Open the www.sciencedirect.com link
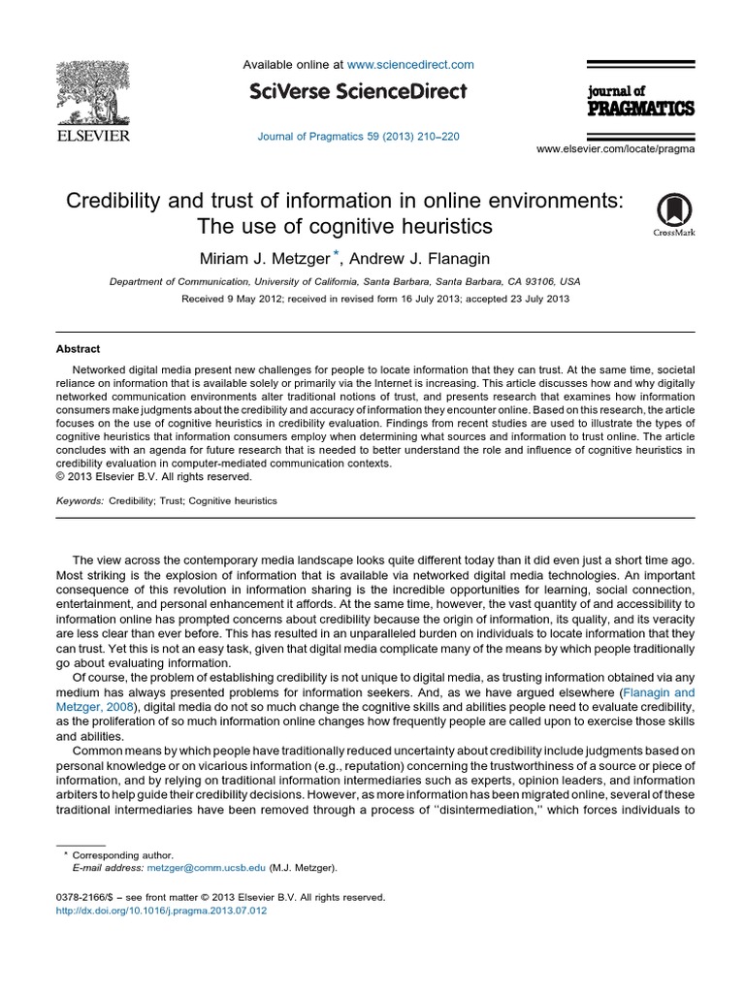pyautogui.click(x=410, y=65)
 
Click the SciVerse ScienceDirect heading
pyautogui.click(x=358, y=92)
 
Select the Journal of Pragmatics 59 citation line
pyautogui.click(x=358, y=137)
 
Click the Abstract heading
pyautogui.click(x=78, y=349)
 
